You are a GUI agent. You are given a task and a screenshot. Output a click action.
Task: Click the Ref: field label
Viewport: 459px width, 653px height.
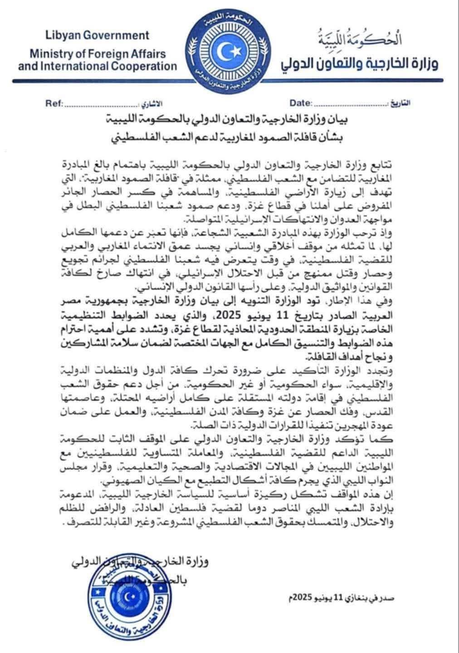[54, 103]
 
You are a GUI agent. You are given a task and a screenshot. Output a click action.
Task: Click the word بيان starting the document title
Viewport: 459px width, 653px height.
[344, 122]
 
